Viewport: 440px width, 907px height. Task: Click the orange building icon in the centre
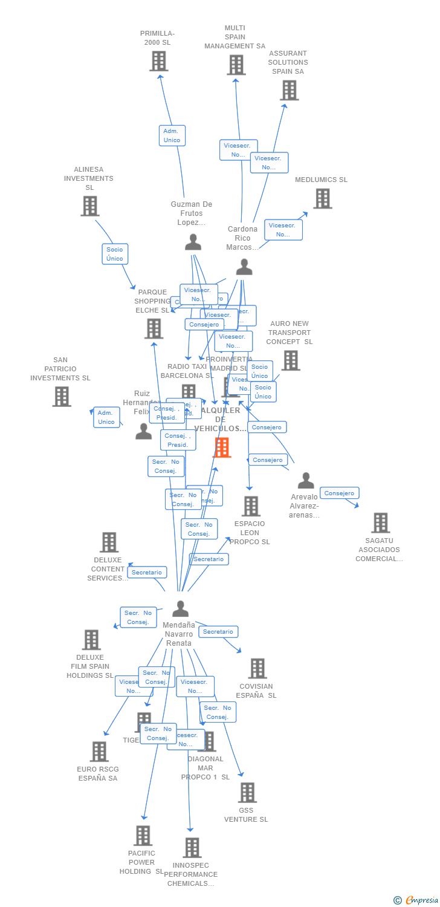click(x=222, y=447)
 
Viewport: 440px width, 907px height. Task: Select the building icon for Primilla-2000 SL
click(x=158, y=61)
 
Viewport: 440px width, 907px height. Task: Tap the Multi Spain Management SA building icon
click(x=236, y=65)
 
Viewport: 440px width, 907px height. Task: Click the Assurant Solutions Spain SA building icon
click(x=289, y=90)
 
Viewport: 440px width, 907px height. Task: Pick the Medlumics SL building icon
click(x=322, y=198)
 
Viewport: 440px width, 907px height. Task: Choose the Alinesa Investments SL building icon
click(x=89, y=206)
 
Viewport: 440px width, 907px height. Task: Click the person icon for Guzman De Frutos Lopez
click(x=193, y=242)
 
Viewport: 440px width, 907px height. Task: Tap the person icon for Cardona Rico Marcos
click(x=244, y=267)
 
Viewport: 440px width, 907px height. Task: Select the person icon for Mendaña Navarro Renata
click(x=180, y=608)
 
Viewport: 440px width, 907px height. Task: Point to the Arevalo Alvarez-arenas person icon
click(x=306, y=481)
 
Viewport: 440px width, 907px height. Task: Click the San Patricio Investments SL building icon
click(x=61, y=397)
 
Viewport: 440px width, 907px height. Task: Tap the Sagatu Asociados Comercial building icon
click(x=380, y=522)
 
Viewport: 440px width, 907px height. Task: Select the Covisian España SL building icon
click(x=257, y=668)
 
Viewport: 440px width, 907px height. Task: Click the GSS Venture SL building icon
click(x=247, y=792)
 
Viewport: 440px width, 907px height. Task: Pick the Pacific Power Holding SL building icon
click(x=143, y=836)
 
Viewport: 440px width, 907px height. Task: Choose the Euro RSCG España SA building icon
click(x=99, y=752)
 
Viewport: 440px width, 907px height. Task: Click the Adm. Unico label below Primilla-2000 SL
click(x=172, y=135)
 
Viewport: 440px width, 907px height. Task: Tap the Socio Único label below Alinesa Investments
click(x=115, y=254)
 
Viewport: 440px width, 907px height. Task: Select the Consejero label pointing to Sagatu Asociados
click(x=339, y=493)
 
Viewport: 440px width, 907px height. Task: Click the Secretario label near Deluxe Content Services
click(x=147, y=572)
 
